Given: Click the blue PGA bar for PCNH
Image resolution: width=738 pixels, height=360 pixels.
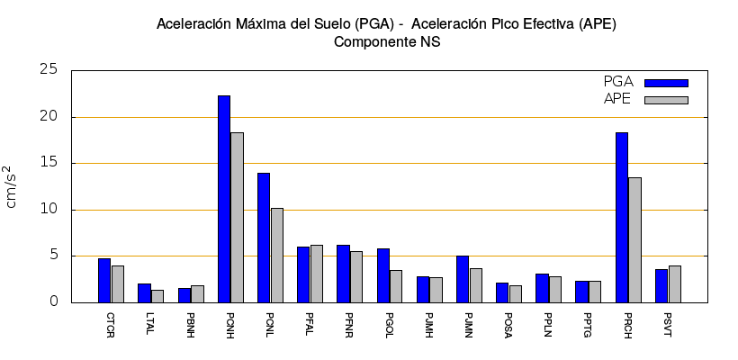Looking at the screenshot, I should pos(224,199).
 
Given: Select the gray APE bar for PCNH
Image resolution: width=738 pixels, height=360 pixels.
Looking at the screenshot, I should pos(237,217).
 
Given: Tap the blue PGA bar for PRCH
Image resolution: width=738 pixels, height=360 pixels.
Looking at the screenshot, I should pos(622,217).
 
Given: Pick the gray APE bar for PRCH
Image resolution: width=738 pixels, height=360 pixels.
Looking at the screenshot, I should pos(634,239).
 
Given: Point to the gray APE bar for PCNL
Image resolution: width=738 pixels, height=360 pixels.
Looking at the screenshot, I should pos(276,255).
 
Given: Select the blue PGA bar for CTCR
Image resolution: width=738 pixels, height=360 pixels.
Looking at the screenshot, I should pos(104,280).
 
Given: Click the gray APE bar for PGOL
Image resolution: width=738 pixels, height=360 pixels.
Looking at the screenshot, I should pos(396,286).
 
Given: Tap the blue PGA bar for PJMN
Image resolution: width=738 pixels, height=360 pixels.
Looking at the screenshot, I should pos(463,279).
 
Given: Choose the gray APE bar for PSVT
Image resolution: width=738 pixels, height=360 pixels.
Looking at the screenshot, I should pos(674,283).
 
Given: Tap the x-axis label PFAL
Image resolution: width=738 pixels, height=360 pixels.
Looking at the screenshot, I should pos(309,324).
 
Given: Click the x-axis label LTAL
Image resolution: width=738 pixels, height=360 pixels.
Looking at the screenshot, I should pos(149,323).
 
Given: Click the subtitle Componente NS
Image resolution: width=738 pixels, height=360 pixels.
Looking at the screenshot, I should pos(387,41).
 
